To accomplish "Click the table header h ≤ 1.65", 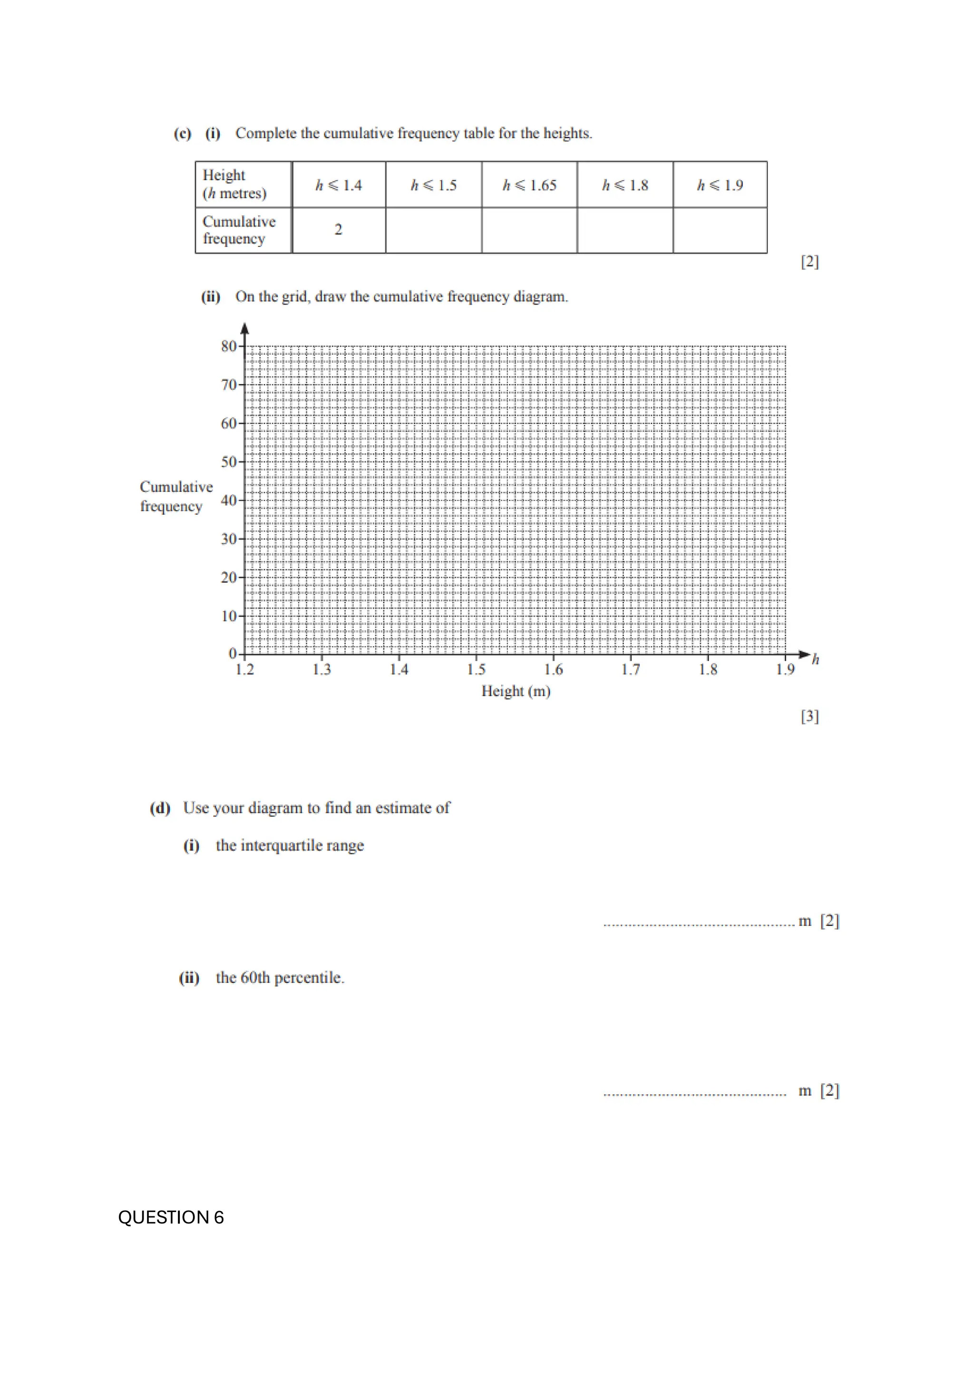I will click(x=529, y=185).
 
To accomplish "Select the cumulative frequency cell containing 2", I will click(x=339, y=230).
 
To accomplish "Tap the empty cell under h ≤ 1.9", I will click(x=720, y=231).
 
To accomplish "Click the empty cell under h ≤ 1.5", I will click(x=433, y=231).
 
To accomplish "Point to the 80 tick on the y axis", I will click(x=229, y=346).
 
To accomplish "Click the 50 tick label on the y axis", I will click(x=229, y=462).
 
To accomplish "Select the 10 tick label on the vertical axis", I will click(x=229, y=616).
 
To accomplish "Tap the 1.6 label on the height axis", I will click(x=553, y=670).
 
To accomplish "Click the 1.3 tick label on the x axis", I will click(x=321, y=670).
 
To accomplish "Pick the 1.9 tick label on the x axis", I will click(x=785, y=670).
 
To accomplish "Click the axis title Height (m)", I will click(x=516, y=692).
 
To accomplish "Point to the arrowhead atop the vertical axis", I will click(x=244, y=328).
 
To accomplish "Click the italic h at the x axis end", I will click(x=816, y=660).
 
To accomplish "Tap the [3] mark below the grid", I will click(x=809, y=716).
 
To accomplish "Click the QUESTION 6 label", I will click(x=171, y=1217).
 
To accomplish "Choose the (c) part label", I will click(x=182, y=133).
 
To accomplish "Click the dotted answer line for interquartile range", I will click(x=699, y=924).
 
